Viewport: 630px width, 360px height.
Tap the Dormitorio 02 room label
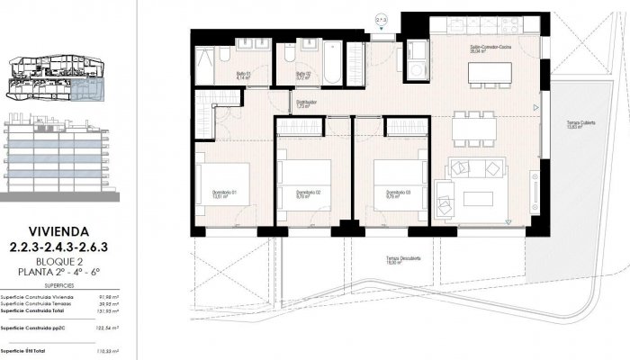pos(310,193)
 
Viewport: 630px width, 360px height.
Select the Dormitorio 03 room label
pos(398,193)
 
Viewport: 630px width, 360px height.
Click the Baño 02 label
pos(303,76)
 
